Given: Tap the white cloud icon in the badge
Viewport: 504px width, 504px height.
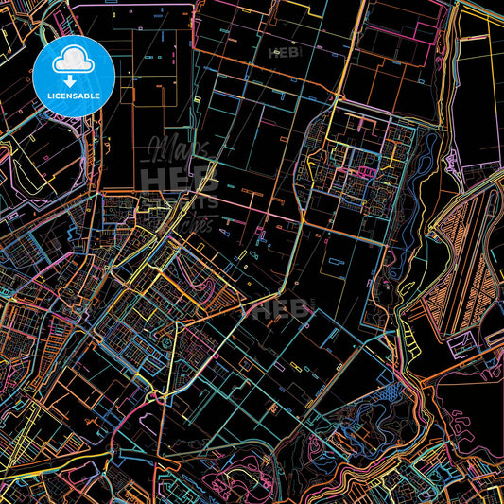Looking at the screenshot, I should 74,60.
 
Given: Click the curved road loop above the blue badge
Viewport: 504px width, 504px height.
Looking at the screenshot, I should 47,19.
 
